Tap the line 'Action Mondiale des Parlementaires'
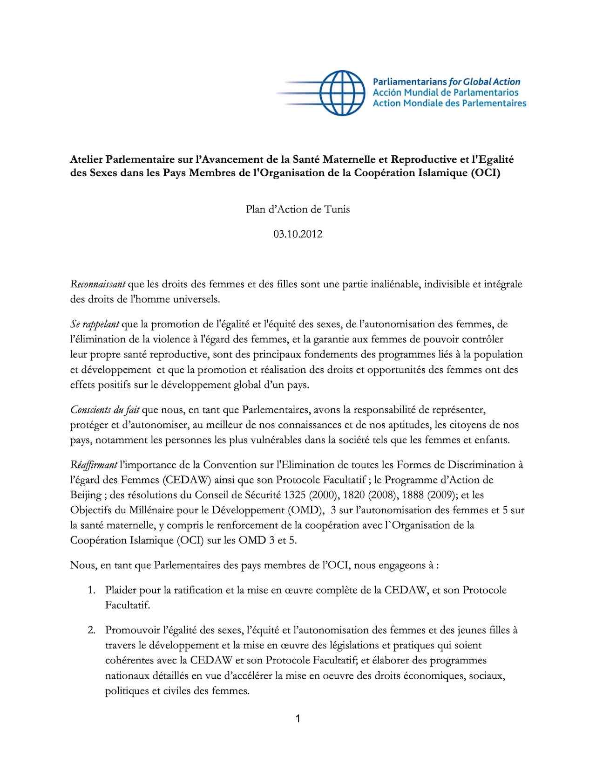[x=449, y=103]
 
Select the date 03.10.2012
[x=298, y=234]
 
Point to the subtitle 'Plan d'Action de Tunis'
[x=298, y=209]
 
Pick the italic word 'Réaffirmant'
[x=94, y=465]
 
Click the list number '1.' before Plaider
[x=91, y=590]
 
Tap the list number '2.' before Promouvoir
[x=91, y=630]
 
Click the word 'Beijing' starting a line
[x=86, y=495]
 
